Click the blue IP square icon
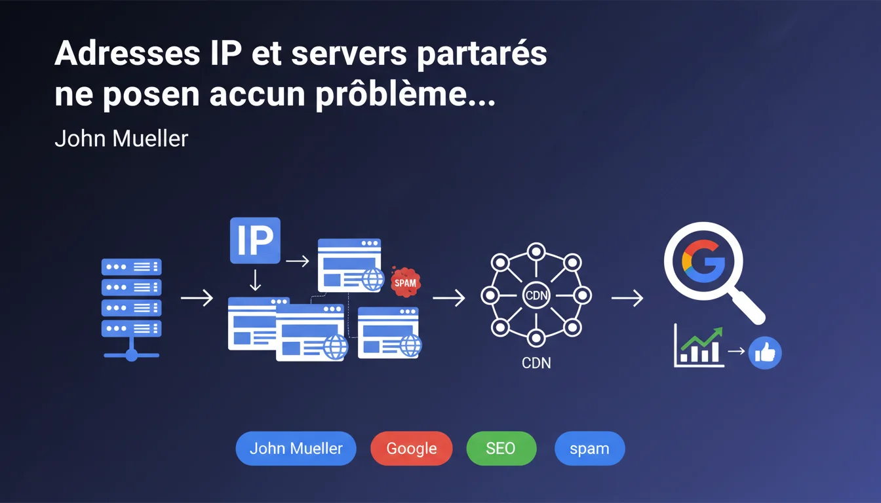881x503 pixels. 256,241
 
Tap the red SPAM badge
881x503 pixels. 405,282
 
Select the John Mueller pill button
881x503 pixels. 296,449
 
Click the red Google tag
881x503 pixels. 411,449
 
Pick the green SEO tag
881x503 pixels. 501,449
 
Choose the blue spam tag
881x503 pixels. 589,449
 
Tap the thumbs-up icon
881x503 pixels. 765,354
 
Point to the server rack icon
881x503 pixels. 131,308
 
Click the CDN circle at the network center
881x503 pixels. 536,295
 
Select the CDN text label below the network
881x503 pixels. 536,362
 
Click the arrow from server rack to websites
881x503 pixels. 197,299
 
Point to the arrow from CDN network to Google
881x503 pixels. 627,299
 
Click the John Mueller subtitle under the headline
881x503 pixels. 121,139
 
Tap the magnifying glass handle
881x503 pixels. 749,308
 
